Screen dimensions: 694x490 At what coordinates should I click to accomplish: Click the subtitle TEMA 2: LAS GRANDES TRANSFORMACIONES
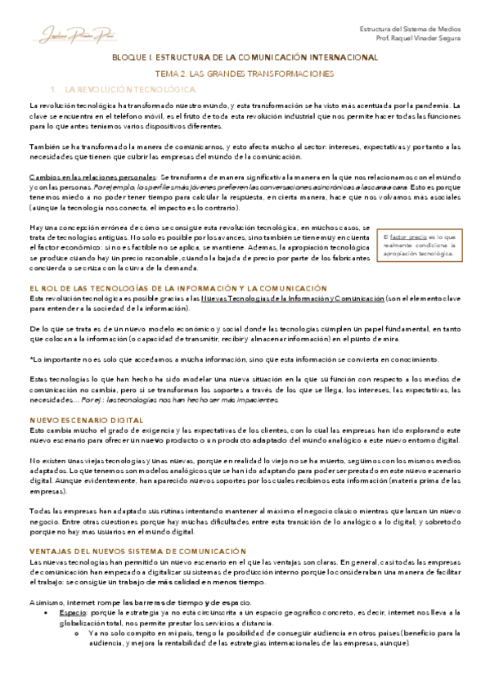tap(245, 74)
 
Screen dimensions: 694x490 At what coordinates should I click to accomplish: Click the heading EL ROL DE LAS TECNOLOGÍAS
tap(178, 289)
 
